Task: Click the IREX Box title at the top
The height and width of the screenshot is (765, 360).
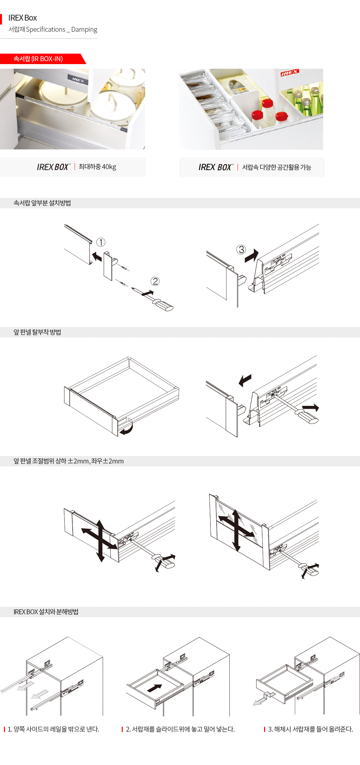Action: [23, 18]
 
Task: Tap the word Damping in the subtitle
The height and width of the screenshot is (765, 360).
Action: [84, 29]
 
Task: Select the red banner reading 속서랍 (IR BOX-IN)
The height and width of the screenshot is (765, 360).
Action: [43, 59]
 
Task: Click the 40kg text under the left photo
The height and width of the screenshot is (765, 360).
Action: [109, 167]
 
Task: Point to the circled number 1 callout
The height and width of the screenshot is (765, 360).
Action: [101, 242]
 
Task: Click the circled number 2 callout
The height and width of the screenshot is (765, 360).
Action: [155, 281]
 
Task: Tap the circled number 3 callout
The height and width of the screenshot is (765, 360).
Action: [241, 250]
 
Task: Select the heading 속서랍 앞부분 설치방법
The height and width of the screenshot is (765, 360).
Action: [42, 203]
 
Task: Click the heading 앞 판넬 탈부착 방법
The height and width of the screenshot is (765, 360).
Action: [37, 332]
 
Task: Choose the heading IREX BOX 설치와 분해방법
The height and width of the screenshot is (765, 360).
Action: [46, 612]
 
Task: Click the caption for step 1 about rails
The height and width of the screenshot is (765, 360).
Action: [53, 729]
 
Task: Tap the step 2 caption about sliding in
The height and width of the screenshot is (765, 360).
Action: [180, 729]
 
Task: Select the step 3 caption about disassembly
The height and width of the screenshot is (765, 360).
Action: [311, 729]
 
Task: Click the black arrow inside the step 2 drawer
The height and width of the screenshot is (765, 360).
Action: [154, 688]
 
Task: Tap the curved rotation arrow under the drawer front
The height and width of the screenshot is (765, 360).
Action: [127, 427]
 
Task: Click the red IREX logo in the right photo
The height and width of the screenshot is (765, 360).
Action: [289, 73]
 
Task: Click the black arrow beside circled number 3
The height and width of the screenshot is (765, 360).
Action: [252, 256]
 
